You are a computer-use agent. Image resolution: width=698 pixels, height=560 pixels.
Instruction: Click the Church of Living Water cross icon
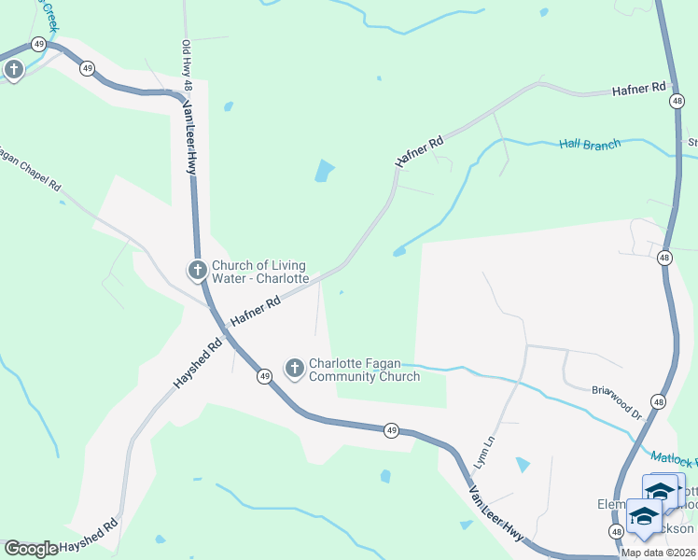click(197, 271)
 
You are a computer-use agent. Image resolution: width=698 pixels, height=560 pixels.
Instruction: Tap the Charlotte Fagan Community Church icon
click(294, 369)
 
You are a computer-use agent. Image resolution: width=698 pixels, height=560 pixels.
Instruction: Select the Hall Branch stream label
click(590, 145)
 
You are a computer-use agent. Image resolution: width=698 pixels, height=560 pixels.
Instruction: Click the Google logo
click(31, 549)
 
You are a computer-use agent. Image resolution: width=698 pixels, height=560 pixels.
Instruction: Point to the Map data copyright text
click(659, 553)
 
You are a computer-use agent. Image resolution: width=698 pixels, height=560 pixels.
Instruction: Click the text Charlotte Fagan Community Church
click(364, 370)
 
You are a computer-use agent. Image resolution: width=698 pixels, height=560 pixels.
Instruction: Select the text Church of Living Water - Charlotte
click(260, 272)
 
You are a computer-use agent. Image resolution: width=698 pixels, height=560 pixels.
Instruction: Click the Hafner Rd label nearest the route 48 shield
click(639, 90)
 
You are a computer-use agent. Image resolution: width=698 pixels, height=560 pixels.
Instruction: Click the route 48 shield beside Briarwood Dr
click(660, 401)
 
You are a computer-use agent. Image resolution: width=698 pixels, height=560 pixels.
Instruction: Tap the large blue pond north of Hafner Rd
click(324, 171)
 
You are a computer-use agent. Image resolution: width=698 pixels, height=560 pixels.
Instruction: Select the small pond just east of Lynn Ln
click(523, 464)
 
